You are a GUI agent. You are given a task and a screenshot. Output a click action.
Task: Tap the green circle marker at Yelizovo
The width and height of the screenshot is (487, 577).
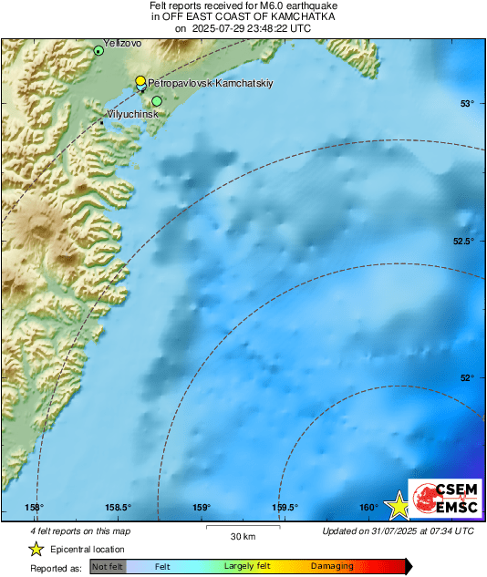[98, 51]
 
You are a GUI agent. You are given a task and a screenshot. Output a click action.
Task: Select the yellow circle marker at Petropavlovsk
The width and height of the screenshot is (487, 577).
[140, 81]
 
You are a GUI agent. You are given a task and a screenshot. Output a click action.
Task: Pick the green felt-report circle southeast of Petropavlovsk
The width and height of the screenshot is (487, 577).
[157, 101]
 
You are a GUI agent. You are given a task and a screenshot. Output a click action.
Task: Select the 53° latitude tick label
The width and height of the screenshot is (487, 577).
[467, 103]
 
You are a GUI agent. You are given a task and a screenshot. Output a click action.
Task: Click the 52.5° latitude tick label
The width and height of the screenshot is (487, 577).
[463, 241]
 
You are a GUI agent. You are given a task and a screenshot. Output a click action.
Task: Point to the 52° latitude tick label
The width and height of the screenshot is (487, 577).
[467, 377]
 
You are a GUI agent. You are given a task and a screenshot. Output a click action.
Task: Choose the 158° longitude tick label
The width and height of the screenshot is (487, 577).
[35, 508]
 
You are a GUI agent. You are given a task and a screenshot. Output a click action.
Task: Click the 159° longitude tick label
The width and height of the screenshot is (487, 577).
[202, 508]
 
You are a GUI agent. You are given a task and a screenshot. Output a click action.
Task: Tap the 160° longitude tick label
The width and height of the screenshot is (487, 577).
[368, 508]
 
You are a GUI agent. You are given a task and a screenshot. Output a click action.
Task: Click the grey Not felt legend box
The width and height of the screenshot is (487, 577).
[108, 567]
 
